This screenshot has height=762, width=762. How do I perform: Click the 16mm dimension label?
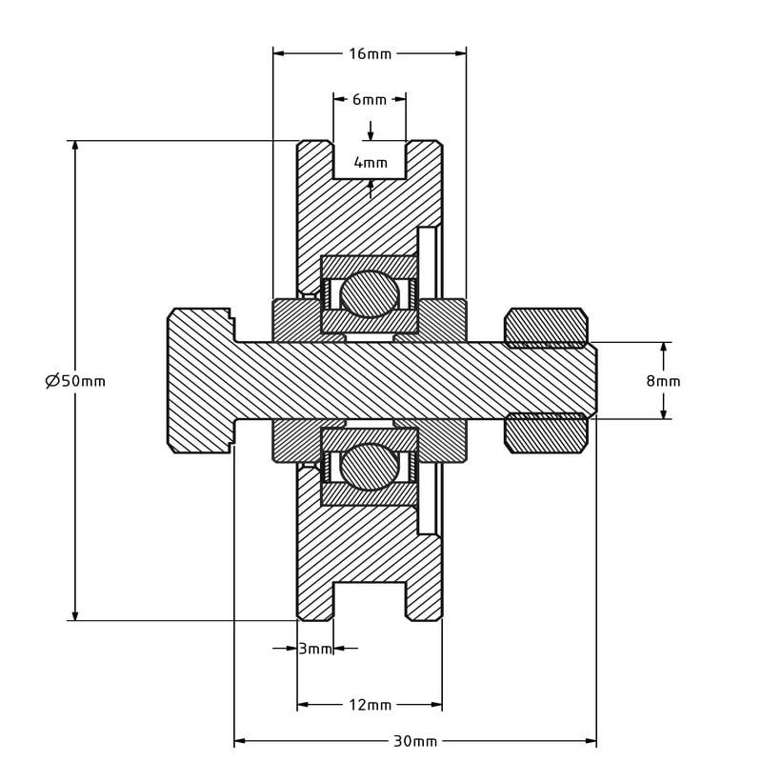[x=370, y=53]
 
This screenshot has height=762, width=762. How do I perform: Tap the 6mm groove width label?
[x=370, y=100]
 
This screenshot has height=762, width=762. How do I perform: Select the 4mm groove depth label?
[x=371, y=162]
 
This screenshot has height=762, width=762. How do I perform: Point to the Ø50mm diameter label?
[x=75, y=380]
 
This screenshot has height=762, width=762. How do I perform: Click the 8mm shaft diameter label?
[x=663, y=380]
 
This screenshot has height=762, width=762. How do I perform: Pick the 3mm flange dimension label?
[x=314, y=649]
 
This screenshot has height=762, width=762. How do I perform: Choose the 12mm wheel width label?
[x=370, y=704]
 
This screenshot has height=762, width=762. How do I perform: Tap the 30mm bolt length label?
[x=415, y=741]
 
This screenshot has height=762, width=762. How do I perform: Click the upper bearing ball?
[x=370, y=294]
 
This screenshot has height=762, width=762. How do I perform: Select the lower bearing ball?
[x=370, y=467]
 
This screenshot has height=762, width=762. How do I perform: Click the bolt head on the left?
[x=201, y=380]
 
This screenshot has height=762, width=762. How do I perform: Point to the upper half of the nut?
[x=546, y=328]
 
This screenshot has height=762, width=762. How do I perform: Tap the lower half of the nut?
[x=546, y=433]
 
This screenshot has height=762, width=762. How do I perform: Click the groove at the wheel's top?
[x=370, y=160]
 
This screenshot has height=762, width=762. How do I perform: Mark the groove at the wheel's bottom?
[x=370, y=601]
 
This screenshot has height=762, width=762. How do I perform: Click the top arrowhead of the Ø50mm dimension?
[x=75, y=146]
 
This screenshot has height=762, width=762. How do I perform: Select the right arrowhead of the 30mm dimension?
[x=591, y=741]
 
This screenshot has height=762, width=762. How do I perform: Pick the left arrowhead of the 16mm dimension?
[x=279, y=53]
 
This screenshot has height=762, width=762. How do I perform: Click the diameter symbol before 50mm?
[x=52, y=380]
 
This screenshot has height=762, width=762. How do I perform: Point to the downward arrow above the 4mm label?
[x=371, y=131]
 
